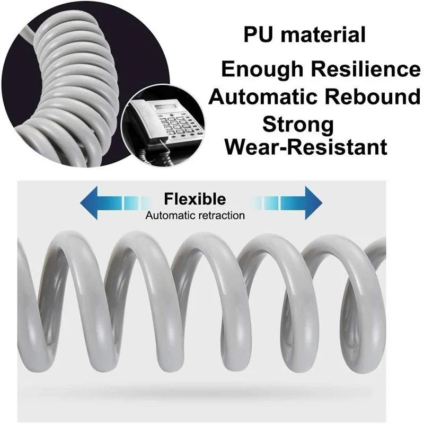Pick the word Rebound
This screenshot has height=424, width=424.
tap(372, 98)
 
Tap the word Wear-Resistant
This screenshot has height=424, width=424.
tap(306, 147)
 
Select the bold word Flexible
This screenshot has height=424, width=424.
tap(195, 199)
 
